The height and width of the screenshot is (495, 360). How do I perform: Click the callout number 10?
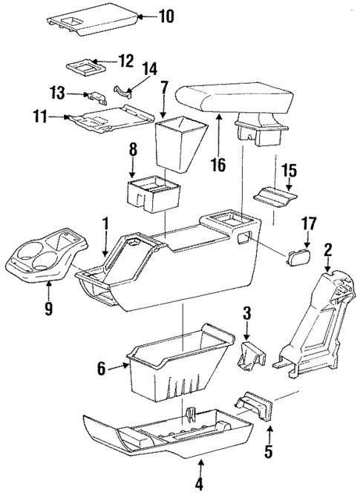[x=164, y=16]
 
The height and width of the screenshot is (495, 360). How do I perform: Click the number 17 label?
[x=308, y=223]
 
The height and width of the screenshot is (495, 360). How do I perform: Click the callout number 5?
[x=269, y=450]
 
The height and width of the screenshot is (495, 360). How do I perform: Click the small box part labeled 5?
[x=254, y=408]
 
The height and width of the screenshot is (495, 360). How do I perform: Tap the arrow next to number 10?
[x=144, y=16]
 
